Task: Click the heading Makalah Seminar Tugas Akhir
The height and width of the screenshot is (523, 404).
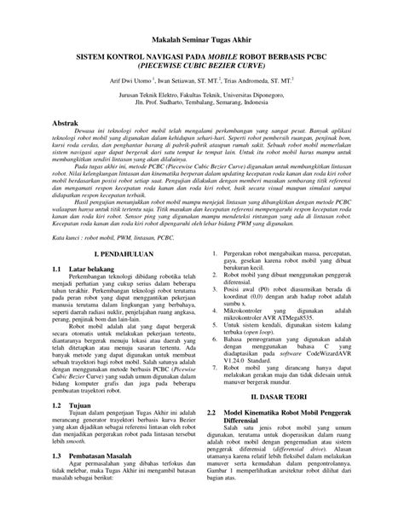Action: click(202, 40)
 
